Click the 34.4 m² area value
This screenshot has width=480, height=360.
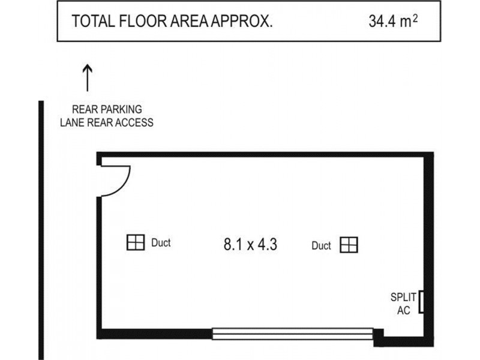393,22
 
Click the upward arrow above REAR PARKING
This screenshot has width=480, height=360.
88,79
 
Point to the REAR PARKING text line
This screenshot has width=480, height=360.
107,110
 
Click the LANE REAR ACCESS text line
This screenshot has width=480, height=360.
107,122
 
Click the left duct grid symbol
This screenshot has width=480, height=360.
136,242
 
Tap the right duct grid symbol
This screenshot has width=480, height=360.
349,245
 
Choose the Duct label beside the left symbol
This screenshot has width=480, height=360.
161,243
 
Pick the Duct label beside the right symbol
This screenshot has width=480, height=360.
322,245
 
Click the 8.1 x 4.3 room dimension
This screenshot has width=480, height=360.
250,244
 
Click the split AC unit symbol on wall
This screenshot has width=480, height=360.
422,301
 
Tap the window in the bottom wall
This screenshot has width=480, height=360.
293,333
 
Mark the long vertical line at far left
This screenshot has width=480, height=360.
41,228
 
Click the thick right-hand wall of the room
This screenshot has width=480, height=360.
428,240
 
